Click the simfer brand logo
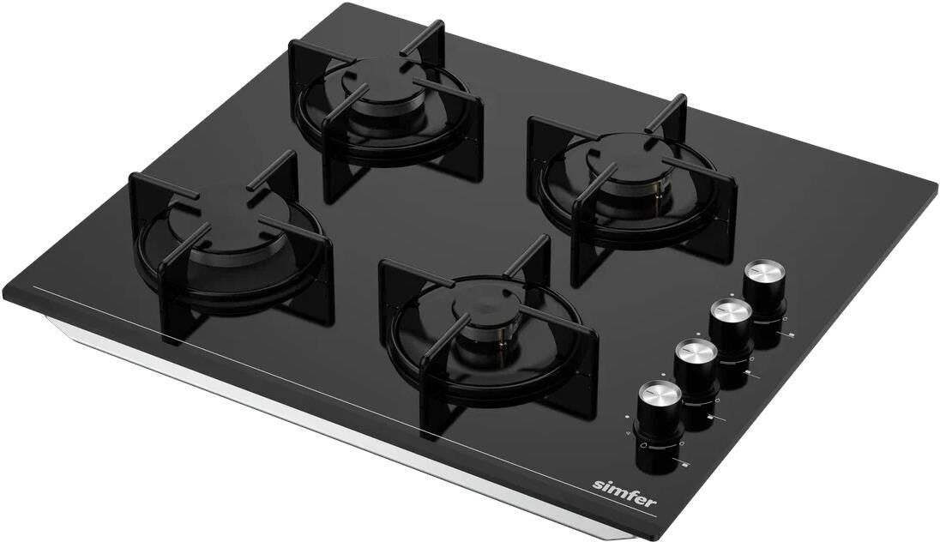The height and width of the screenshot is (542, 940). (624, 493)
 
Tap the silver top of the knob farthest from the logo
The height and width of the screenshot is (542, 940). (764, 270)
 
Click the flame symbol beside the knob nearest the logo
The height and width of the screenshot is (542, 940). (643, 445)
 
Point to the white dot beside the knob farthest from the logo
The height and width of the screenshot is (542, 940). (732, 294)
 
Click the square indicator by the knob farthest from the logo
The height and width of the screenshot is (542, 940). (792, 335)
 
